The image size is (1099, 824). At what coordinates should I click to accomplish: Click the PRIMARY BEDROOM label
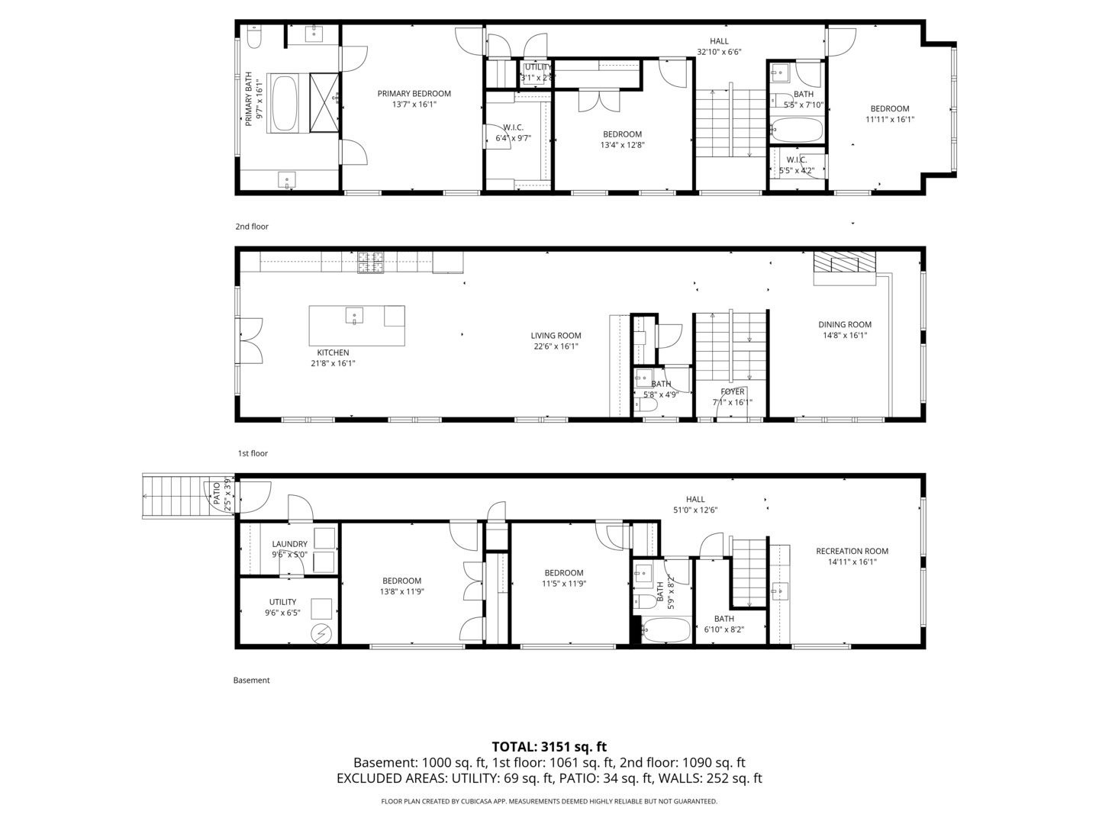[x=414, y=94]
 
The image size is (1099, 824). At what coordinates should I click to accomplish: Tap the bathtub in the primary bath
[x=284, y=103]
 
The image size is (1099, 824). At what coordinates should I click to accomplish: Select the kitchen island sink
[x=355, y=314]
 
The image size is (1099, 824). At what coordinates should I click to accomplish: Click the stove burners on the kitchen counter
[x=371, y=264]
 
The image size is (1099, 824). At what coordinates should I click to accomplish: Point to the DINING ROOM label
[x=844, y=324]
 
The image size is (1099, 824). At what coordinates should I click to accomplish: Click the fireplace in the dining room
[x=844, y=263]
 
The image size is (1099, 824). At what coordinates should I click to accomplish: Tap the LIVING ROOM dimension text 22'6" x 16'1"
[x=556, y=346]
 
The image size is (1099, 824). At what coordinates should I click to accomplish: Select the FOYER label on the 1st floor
[x=732, y=392]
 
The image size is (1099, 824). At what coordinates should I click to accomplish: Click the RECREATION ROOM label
[x=852, y=551]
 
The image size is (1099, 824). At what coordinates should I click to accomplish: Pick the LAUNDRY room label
[x=289, y=544]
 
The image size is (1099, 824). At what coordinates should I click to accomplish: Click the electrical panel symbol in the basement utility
[x=322, y=632]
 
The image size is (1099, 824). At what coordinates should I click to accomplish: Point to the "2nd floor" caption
[x=252, y=227]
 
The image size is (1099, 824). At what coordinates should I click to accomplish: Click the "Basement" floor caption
[x=252, y=680]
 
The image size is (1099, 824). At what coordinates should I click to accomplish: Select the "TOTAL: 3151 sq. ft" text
[x=549, y=747]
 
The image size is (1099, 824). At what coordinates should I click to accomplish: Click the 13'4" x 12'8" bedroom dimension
[x=623, y=145]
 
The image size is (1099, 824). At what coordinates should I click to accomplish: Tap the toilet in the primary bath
[x=254, y=36]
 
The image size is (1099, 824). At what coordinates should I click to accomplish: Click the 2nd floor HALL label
[x=719, y=41]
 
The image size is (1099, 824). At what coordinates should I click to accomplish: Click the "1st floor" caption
[x=253, y=453]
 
